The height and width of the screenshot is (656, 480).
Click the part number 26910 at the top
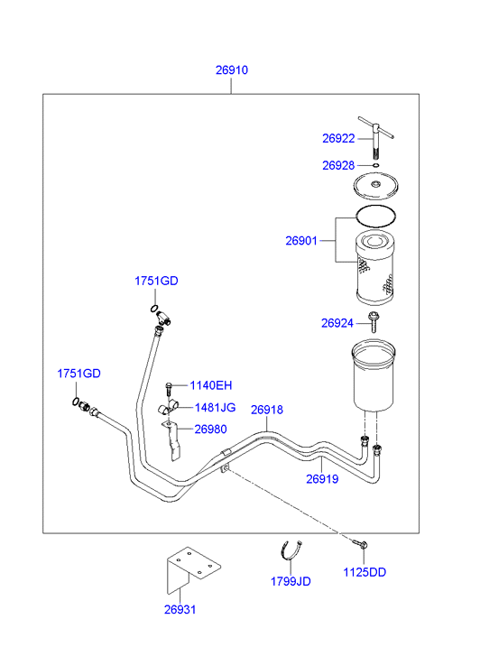(x=231, y=69)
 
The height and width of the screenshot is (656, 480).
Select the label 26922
(x=338, y=138)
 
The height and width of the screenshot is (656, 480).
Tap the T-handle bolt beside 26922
(x=376, y=136)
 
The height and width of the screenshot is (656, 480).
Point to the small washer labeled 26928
(x=376, y=165)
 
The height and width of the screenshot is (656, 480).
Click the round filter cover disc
(x=375, y=185)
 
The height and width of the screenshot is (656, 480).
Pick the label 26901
(x=301, y=241)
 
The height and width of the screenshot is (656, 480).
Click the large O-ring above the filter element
(x=375, y=217)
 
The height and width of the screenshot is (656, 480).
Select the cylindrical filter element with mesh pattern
(x=375, y=268)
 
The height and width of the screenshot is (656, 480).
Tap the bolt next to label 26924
(x=374, y=322)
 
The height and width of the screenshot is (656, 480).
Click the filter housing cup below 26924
(x=374, y=374)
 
